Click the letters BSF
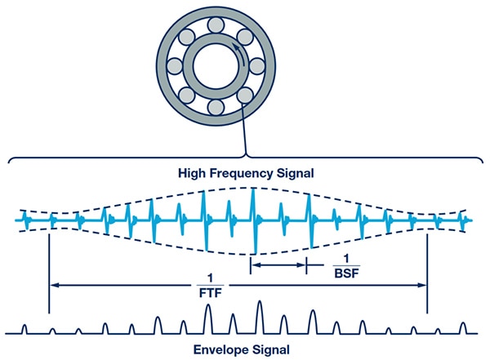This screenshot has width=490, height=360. tap(341, 273)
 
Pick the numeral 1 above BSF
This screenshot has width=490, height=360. tap(341, 258)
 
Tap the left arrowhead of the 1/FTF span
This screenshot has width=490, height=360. tap(54, 285)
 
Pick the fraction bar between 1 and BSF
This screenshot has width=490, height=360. tap(341, 265)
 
